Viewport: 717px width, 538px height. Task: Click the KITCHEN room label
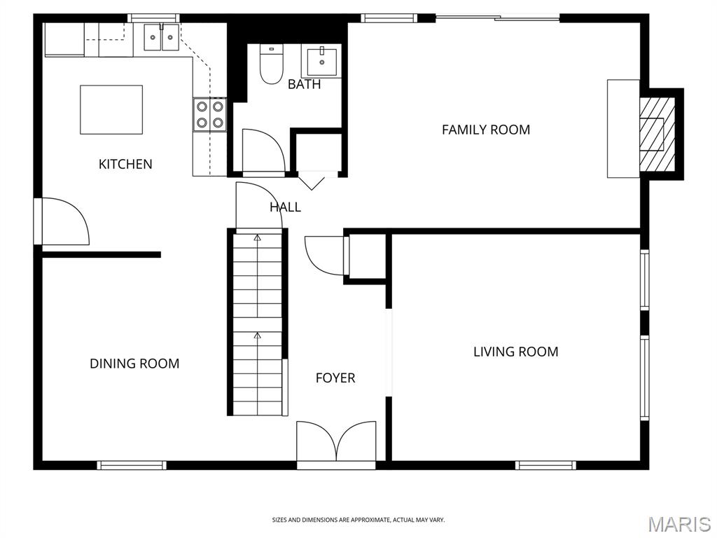click(x=125, y=164)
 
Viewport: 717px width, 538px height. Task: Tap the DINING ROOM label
click(x=134, y=364)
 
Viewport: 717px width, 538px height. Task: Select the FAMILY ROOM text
click(x=486, y=130)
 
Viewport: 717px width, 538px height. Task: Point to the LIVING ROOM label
click(x=516, y=352)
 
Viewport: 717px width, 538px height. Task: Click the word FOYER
click(x=335, y=378)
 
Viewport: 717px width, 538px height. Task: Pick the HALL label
click(x=286, y=207)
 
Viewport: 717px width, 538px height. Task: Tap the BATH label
click(x=304, y=84)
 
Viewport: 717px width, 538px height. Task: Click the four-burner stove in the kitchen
click(x=210, y=114)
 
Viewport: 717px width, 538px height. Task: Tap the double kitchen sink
click(x=162, y=37)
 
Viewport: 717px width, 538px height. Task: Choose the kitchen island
click(x=111, y=109)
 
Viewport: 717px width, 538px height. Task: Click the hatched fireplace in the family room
click(x=657, y=134)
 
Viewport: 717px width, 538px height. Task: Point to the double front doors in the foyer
click(x=336, y=441)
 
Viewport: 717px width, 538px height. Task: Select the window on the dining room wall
click(x=132, y=465)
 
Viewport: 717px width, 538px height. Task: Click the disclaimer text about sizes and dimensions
click(x=358, y=520)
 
